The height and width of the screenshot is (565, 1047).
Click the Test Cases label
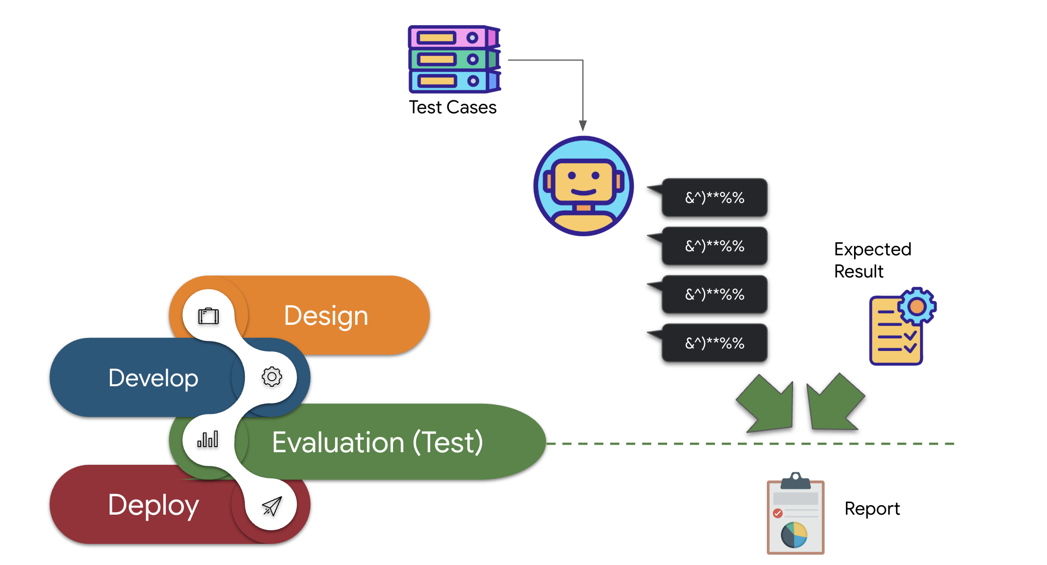pos(452,107)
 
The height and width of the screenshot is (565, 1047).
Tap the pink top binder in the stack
pos(448,38)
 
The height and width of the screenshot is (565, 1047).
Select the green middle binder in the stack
pos(448,59)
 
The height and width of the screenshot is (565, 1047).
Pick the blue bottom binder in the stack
pos(448,81)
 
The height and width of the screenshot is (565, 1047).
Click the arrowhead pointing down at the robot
pos(582,125)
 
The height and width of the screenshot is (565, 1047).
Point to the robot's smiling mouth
pos(583,192)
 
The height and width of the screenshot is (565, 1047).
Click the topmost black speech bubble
pos(714,197)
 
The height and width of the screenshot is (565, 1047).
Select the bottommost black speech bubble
pos(714,343)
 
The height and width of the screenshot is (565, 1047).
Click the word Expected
pos(872,249)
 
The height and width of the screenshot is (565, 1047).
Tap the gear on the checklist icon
pos(917,306)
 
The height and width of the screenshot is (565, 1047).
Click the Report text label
pos(872,509)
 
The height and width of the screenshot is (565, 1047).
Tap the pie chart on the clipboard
pos(794,535)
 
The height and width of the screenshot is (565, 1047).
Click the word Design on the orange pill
pos(326,316)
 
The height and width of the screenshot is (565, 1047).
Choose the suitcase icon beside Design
pos(208,316)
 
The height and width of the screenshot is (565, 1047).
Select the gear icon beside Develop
pos(272,377)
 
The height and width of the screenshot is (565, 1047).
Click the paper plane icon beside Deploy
pos(272,506)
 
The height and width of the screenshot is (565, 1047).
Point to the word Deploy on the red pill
pos(153,505)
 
